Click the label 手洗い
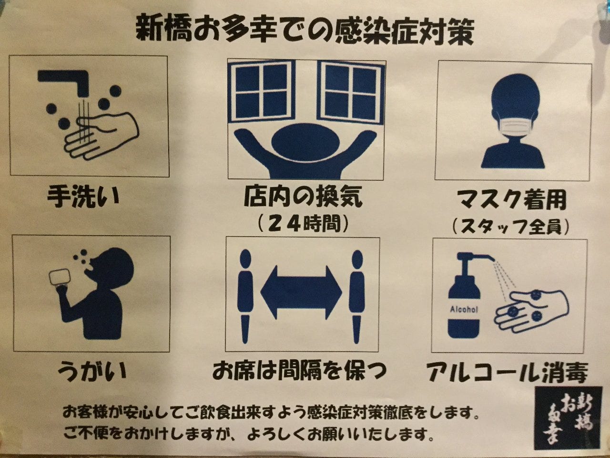coord(83,197)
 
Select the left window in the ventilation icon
coord(261,91)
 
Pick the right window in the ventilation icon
coord(351,91)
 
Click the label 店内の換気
coord(303,197)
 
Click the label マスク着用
coord(512,200)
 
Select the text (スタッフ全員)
coord(510,227)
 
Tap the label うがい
coord(91,371)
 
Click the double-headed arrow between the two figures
coord(301,292)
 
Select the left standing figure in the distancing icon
coord(245,296)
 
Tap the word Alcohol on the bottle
coord(464,309)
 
